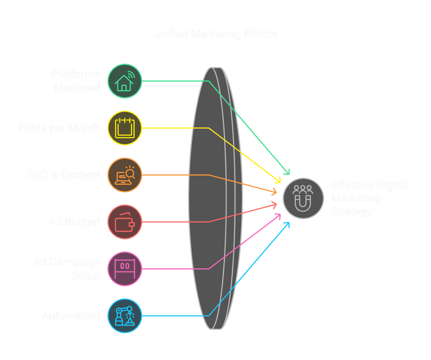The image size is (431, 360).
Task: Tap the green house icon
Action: (x=125, y=81)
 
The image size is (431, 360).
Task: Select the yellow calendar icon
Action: (x=125, y=128)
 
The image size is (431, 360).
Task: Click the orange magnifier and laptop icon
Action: (x=125, y=175)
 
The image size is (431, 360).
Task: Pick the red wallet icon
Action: (x=125, y=222)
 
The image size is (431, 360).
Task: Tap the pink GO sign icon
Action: (x=125, y=269)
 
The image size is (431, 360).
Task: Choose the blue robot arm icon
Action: (x=125, y=315)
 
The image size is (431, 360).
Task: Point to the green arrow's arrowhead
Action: (x=288, y=172)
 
